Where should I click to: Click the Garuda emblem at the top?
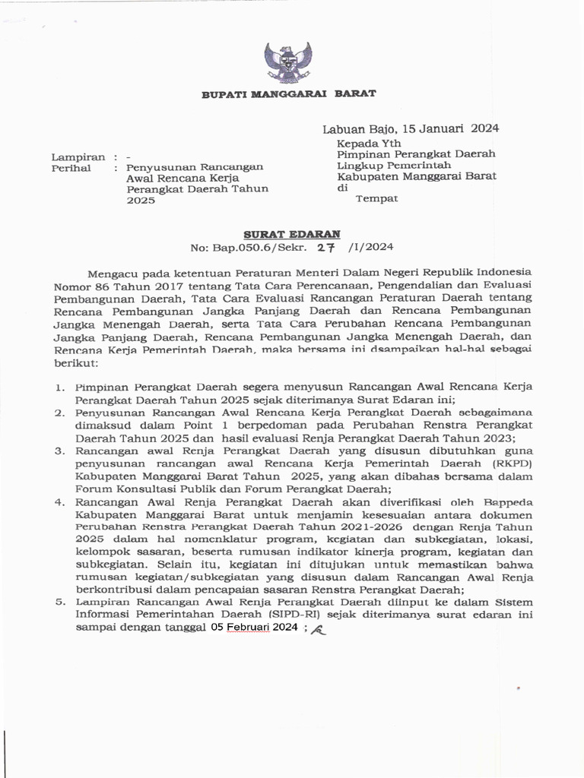pyautogui.click(x=287, y=62)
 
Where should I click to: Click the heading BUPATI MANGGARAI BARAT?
pyautogui.click(x=288, y=93)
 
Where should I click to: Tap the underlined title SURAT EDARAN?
pyautogui.click(x=292, y=234)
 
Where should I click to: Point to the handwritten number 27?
pyautogui.click(x=326, y=247)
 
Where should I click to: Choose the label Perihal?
pyautogui.click(x=71, y=168)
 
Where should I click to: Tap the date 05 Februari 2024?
pyautogui.click(x=255, y=628)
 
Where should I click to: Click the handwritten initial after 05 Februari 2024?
pyautogui.click(x=318, y=628)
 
